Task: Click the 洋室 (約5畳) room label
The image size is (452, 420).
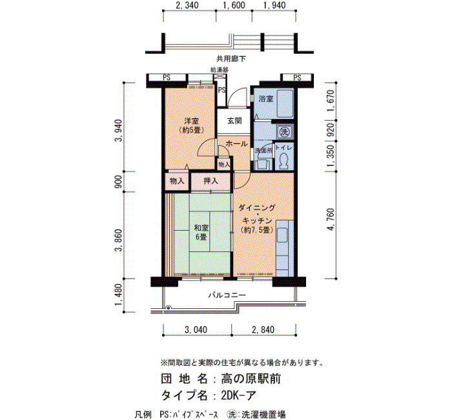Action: click(191, 125)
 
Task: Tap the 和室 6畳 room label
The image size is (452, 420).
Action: click(201, 233)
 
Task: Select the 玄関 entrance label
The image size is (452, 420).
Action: click(234, 121)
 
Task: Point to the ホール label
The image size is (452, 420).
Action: click(236, 143)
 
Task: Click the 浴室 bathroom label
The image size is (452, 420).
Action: click(266, 99)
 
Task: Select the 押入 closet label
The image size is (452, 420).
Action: click(211, 181)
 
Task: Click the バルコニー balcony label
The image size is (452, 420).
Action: click(227, 295)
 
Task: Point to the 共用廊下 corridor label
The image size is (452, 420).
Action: click(231, 59)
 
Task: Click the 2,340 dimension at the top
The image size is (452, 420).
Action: click(187, 5)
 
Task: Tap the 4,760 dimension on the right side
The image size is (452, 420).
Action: click(331, 220)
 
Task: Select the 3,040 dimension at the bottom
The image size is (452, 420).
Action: click(196, 330)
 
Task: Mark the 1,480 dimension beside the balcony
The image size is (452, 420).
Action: click(119, 295)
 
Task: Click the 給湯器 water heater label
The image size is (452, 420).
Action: click(220, 70)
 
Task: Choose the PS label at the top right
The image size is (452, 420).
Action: click(297, 78)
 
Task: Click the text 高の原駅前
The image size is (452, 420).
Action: click(251, 379)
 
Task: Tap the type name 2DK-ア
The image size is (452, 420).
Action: click(238, 395)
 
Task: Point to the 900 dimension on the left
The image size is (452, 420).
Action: click(118, 182)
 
